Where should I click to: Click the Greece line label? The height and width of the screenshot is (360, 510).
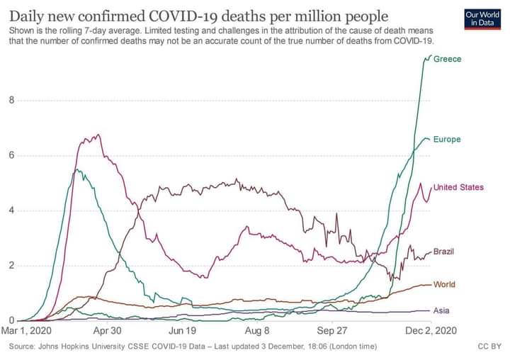pos(447,59)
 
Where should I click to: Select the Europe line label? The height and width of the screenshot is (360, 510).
pos(447,139)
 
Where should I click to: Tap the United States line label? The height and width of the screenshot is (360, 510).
pos(458,187)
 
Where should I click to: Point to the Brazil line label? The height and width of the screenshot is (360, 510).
pos(443,252)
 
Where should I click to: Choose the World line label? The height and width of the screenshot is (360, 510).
pos(444,284)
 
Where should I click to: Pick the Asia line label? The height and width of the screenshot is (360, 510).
pos(441,310)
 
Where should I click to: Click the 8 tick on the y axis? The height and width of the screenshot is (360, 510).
pos(11,100)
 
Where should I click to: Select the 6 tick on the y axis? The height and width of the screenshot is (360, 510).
pos(11,155)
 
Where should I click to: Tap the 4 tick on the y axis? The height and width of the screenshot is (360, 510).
pos(11,210)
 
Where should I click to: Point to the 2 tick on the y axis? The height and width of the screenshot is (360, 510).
pos(11,266)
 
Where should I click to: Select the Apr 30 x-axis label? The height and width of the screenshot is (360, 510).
pos(107,331)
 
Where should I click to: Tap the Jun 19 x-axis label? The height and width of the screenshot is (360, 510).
pos(182,331)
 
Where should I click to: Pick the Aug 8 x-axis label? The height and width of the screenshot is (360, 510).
pos(257,331)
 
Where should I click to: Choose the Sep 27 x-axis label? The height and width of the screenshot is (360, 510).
pos(332,331)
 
